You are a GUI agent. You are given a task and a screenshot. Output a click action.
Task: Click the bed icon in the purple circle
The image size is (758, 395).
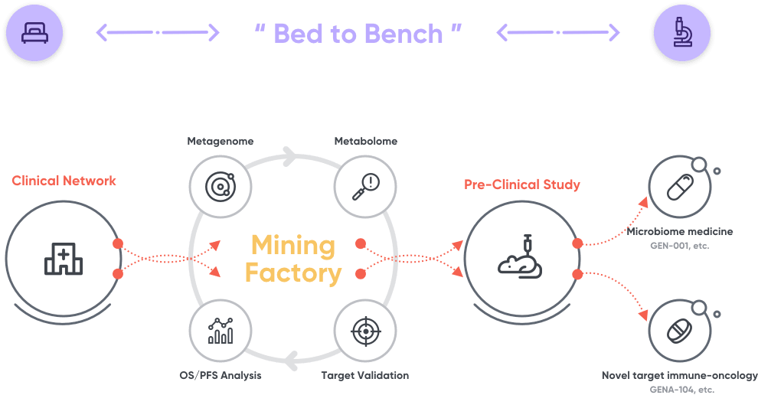pyautogui.click(x=33, y=32)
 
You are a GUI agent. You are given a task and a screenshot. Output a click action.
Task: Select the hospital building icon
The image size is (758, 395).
pyautogui.click(x=64, y=261)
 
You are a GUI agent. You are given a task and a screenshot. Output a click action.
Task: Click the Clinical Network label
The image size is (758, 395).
pyautogui.click(x=64, y=181)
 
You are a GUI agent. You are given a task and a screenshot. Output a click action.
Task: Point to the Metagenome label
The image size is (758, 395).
pyautogui.click(x=221, y=142)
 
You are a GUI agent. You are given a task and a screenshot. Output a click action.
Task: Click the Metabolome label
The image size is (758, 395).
pyautogui.click(x=366, y=142)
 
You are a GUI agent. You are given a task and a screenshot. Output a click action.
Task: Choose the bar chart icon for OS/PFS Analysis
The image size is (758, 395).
pyautogui.click(x=221, y=331)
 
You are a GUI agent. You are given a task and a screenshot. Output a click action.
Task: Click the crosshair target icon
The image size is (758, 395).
pyautogui.click(x=365, y=331)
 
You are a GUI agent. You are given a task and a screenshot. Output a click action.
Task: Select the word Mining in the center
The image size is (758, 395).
pyautogui.click(x=293, y=246)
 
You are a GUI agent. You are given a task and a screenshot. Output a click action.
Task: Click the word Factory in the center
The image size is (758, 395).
pyautogui.click(x=293, y=273)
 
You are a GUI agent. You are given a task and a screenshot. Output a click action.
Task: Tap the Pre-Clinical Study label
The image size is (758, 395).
pyautogui.click(x=522, y=184)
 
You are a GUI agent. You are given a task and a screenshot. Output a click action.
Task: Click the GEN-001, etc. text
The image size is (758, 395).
pyautogui.click(x=680, y=246)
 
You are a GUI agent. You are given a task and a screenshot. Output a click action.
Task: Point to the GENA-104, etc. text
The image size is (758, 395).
pyautogui.click(x=680, y=389)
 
